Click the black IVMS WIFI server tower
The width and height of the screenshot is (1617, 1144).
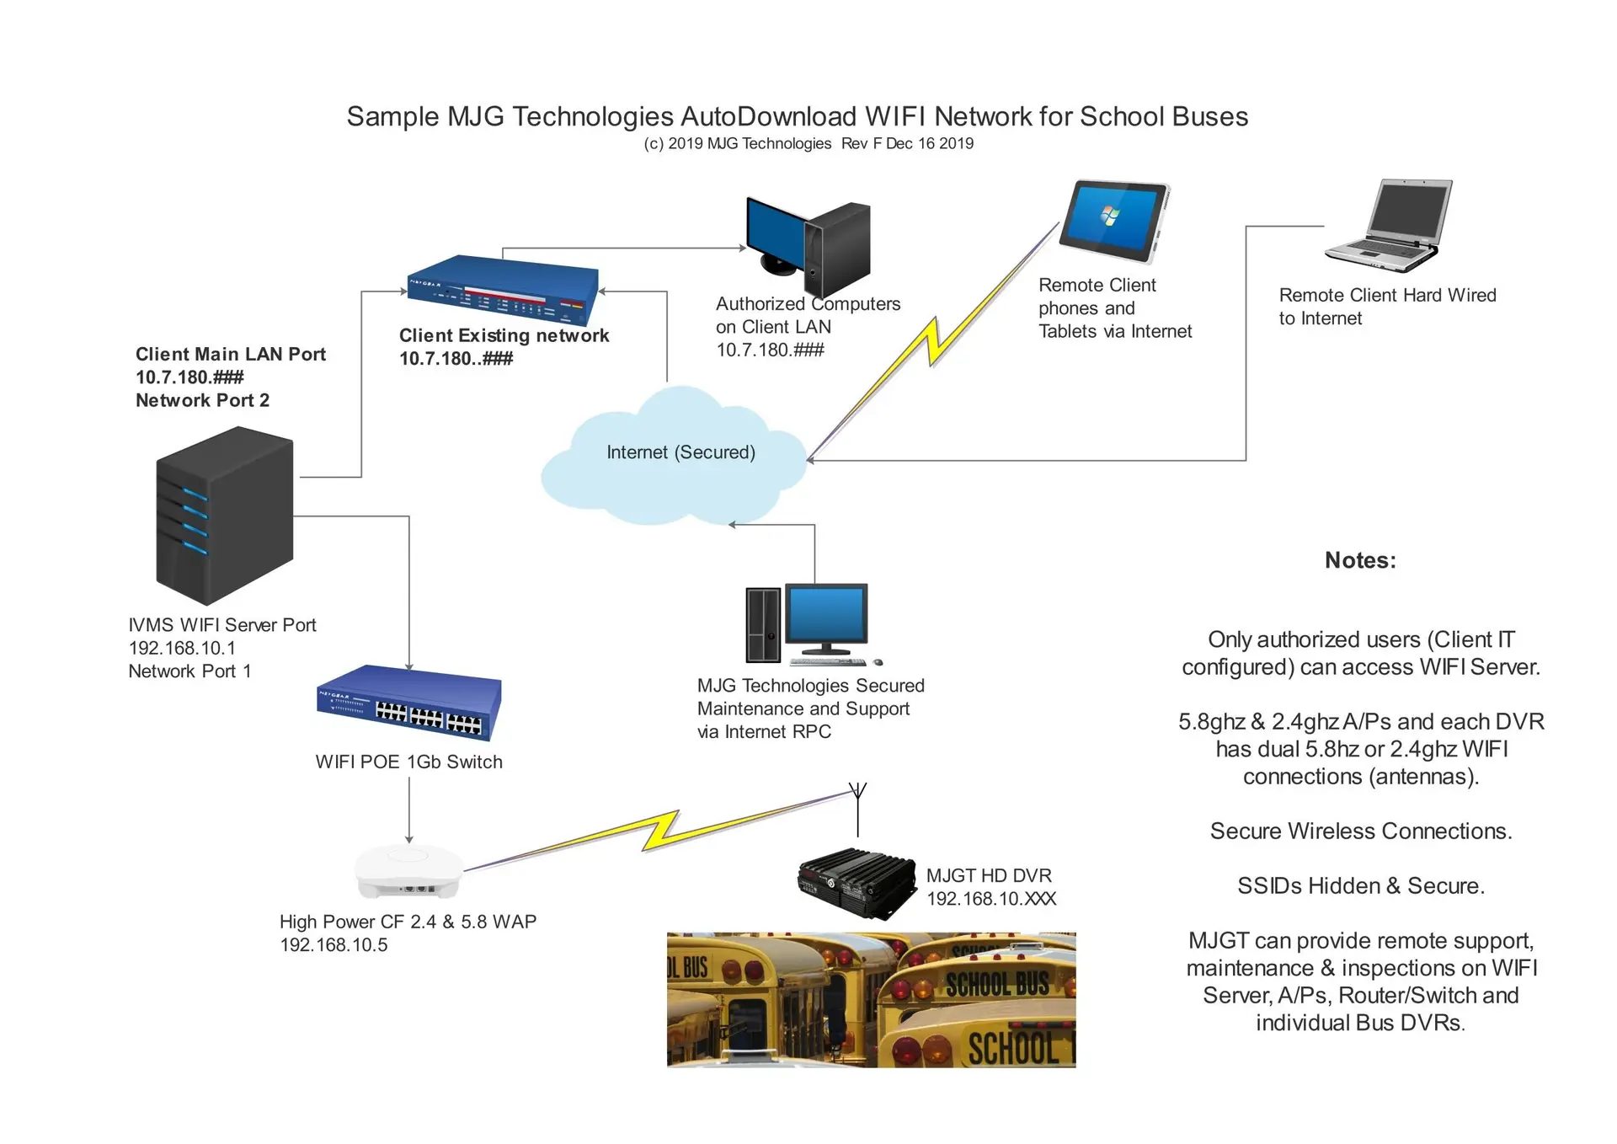click(x=224, y=515)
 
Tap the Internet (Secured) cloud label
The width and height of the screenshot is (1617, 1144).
click(x=680, y=452)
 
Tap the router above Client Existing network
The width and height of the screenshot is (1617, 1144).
click(x=503, y=290)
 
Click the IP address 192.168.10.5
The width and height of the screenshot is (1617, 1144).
click(x=334, y=945)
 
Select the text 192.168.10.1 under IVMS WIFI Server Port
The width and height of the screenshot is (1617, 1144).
click(x=182, y=648)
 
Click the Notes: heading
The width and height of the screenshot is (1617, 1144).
click(x=1360, y=560)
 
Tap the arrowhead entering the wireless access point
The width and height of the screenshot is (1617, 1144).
click(x=409, y=839)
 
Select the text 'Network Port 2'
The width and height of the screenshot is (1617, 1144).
click(x=202, y=400)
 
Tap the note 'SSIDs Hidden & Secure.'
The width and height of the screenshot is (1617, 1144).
click(x=1360, y=886)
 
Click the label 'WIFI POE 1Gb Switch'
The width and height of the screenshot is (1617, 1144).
click(x=408, y=762)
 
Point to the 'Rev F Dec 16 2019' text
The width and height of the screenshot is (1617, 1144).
click(x=907, y=144)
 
